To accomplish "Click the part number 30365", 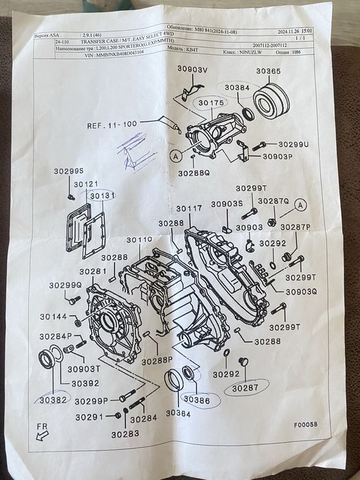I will [x=269, y=71].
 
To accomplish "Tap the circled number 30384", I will [x=237, y=88].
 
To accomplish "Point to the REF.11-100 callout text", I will [x=111, y=125].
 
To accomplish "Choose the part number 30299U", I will [x=293, y=145].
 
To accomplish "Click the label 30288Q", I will [x=194, y=173].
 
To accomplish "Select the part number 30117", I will [x=189, y=208].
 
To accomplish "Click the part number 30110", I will [x=139, y=240].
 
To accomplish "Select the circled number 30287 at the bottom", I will [x=245, y=388].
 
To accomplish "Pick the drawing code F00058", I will [x=306, y=424].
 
